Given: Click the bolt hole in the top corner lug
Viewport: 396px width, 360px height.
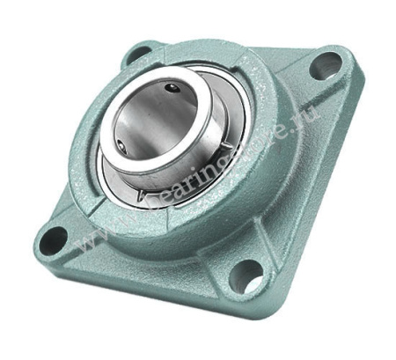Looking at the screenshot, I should click(x=139, y=55).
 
